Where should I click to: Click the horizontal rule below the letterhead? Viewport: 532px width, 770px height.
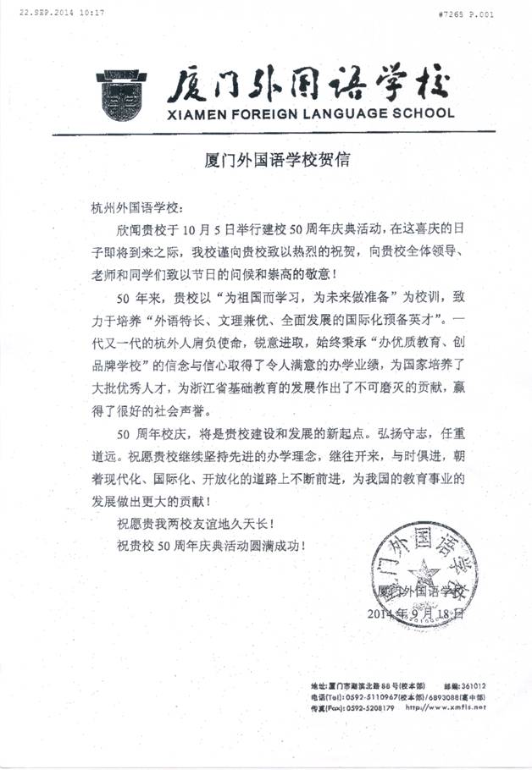tap(272, 132)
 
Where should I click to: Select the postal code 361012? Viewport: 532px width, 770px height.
tap(469, 685)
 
